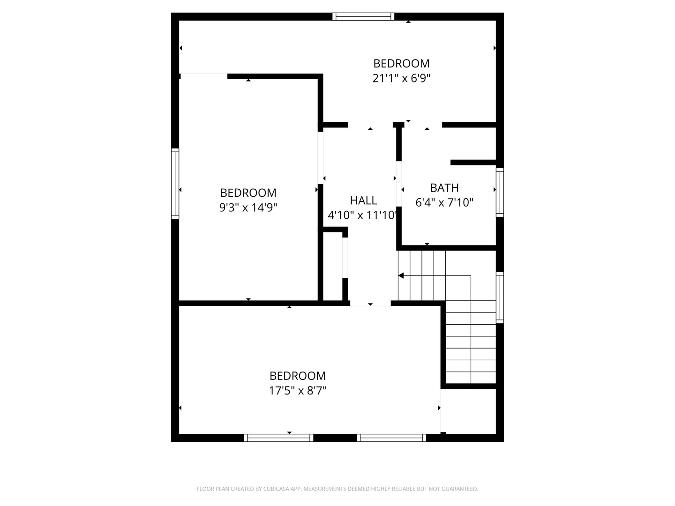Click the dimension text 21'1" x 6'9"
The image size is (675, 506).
pos(401,78)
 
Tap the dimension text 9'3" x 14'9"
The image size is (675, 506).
pos(248,207)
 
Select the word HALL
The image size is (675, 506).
pos(363,201)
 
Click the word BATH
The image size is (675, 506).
pos(444,188)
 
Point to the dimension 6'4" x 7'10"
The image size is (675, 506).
pos(444,202)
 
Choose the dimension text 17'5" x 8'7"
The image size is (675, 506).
pos(297,390)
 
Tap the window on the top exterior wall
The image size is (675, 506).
pos(363,17)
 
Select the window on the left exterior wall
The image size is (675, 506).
pos(175,183)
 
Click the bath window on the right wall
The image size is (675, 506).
pos(500,192)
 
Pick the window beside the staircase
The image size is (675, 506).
pos(500,297)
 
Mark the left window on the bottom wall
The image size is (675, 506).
pos(278,438)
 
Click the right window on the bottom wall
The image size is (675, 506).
pos(391,438)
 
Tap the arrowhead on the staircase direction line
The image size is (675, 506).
pos(401,275)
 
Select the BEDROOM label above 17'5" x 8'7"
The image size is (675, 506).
pos(297,376)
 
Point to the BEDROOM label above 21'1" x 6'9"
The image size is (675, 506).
pos(401,63)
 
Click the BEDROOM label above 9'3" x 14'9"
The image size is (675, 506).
pos(248,193)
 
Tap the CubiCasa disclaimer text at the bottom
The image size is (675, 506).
pos(337,489)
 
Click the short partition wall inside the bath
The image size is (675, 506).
pos(473,163)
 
